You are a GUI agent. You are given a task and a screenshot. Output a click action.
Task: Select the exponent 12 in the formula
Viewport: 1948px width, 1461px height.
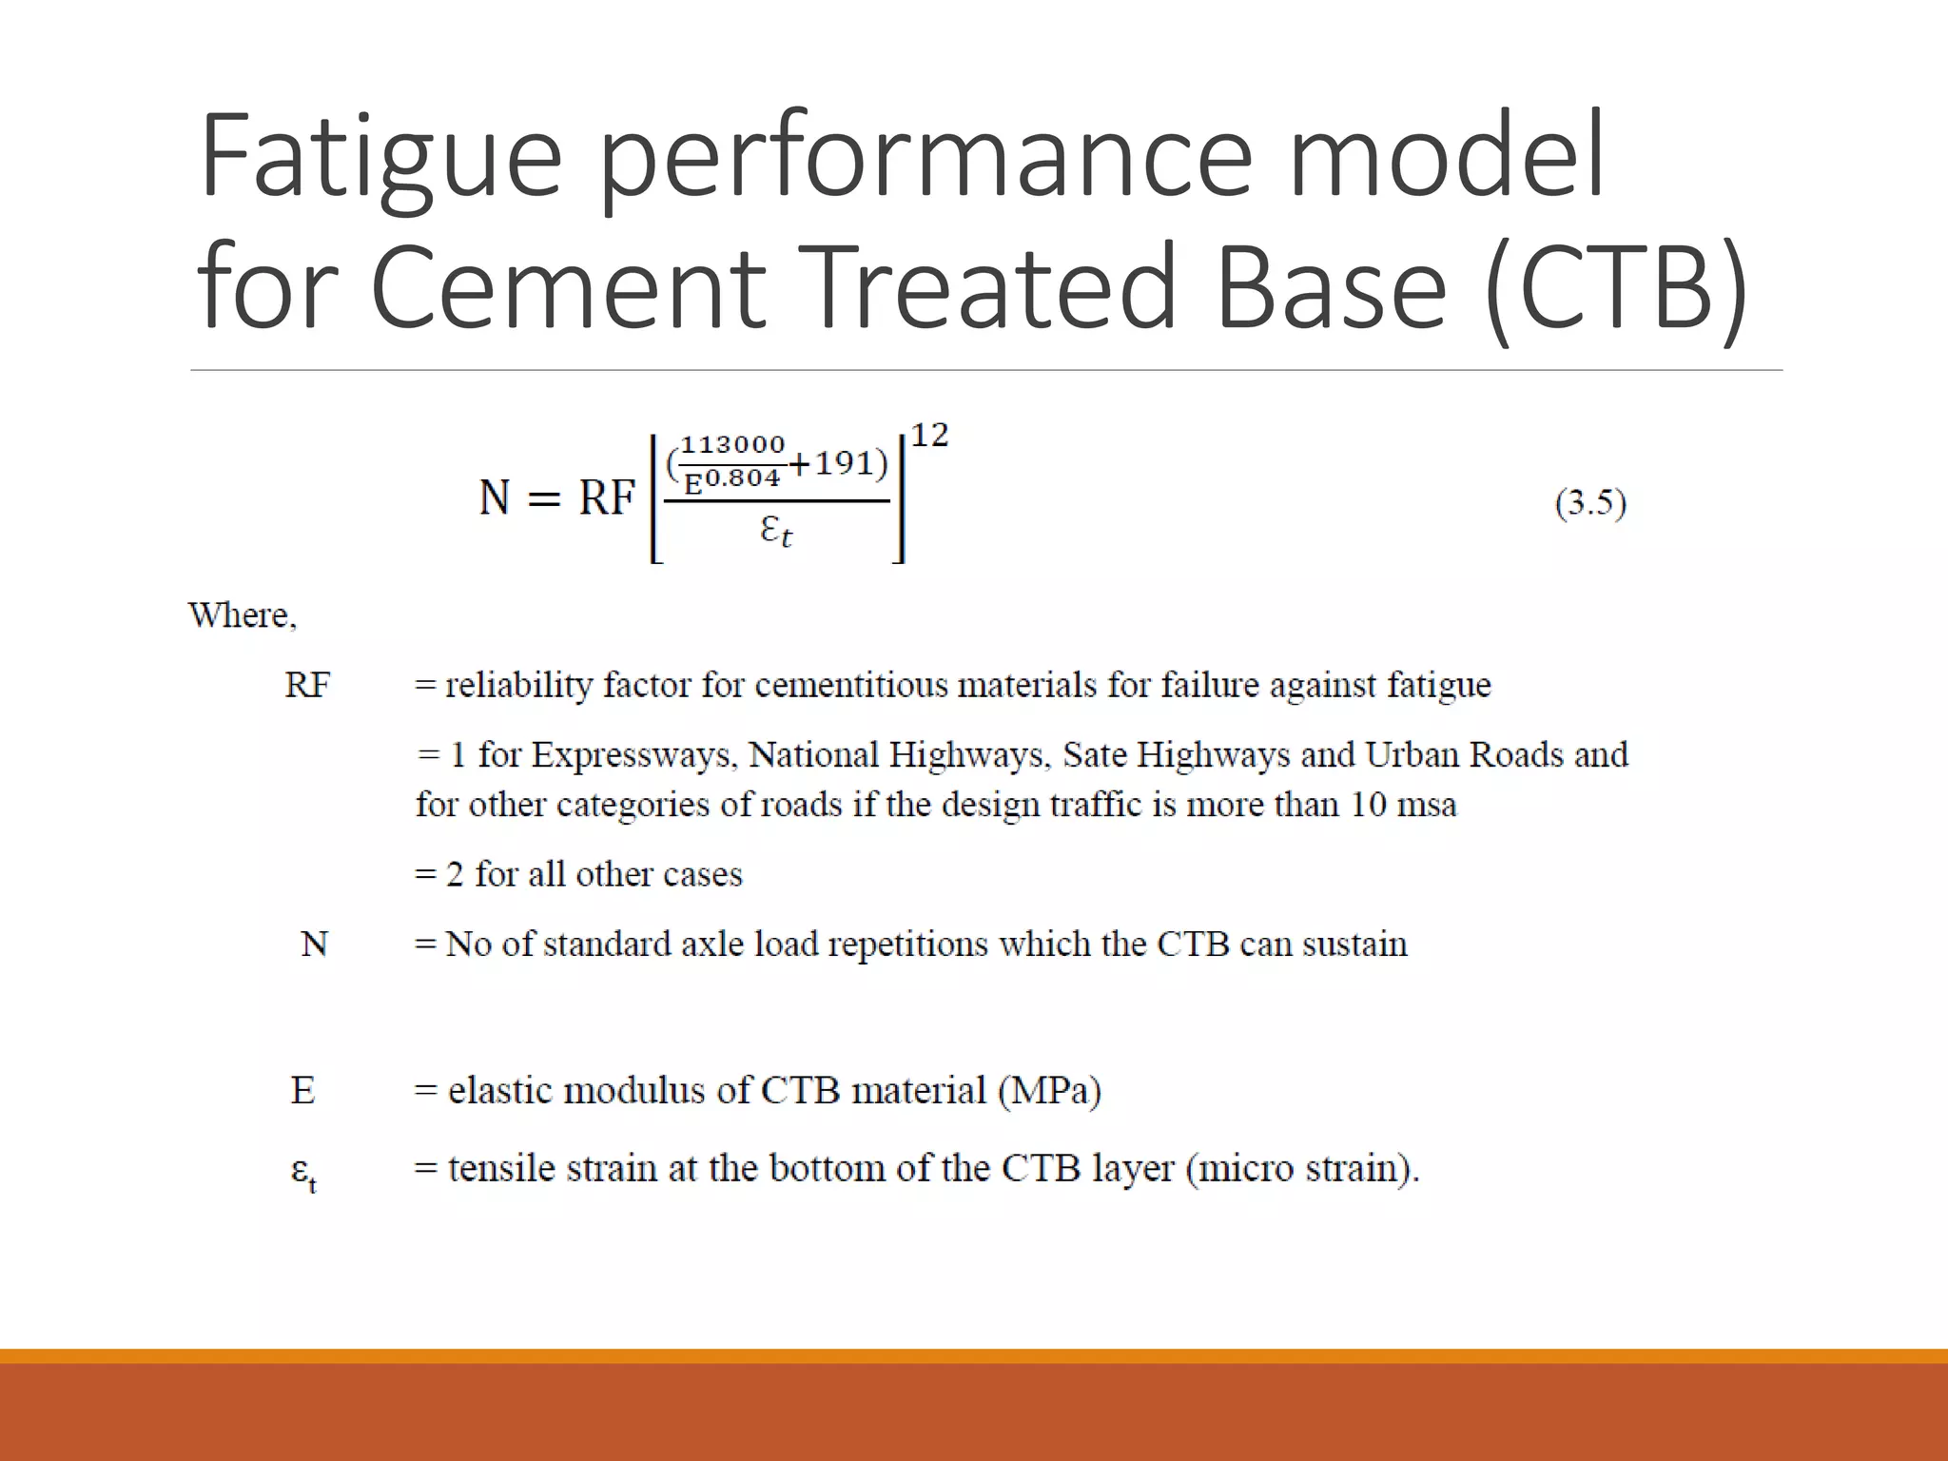coord(929,436)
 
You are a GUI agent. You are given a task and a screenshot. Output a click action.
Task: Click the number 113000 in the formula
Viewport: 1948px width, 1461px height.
coord(732,444)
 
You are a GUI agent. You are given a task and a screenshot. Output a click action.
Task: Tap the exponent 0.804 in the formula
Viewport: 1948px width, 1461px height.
coord(742,477)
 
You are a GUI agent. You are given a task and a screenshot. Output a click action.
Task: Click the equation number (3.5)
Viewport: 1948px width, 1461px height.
coord(1590,502)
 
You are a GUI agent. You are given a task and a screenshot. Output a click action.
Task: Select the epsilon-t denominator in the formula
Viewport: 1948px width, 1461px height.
coord(775,530)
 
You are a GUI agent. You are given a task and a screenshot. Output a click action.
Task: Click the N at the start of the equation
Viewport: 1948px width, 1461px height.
coord(495,497)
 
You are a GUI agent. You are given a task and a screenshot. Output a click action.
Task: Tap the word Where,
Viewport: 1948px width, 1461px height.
coord(243,615)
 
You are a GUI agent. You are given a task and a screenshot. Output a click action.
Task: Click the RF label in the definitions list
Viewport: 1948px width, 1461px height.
coord(307,685)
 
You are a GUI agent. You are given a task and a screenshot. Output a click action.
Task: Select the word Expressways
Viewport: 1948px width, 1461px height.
coord(633,755)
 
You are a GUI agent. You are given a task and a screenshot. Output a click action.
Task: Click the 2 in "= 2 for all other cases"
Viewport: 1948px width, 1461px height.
coord(455,874)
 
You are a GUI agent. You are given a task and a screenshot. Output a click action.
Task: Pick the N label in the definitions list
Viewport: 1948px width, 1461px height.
coord(314,945)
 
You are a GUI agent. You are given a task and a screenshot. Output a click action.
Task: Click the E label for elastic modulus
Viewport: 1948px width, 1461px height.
coord(302,1090)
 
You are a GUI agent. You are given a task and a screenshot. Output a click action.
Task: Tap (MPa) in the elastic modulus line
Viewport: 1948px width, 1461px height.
coord(1050,1090)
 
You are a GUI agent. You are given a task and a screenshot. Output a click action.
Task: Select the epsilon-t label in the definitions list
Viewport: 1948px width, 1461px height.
coord(302,1172)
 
